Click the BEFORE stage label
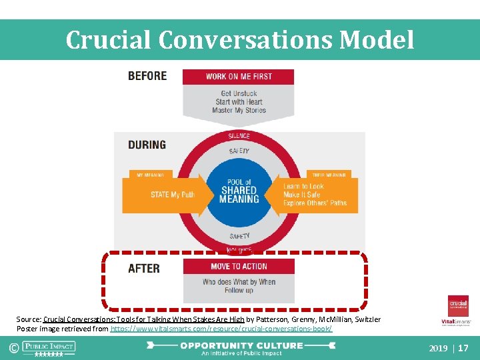pos(147,75)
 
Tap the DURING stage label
pos(147,144)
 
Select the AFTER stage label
pos(144,269)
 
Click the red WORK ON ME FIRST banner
pos(239,77)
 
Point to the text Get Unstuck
pos(239,93)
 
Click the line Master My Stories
pos(239,111)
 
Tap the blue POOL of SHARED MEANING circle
pos(239,191)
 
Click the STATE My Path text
pos(172,195)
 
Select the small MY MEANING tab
pos(151,175)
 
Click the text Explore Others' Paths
pos(315,203)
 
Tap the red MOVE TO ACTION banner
pos(239,266)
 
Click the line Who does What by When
pos(239,282)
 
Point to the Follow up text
pos(239,291)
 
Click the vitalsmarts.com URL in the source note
pos(221,329)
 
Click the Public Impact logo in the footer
pos(49,347)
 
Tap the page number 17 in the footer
pos(464,348)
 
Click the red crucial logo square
pos(458,305)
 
